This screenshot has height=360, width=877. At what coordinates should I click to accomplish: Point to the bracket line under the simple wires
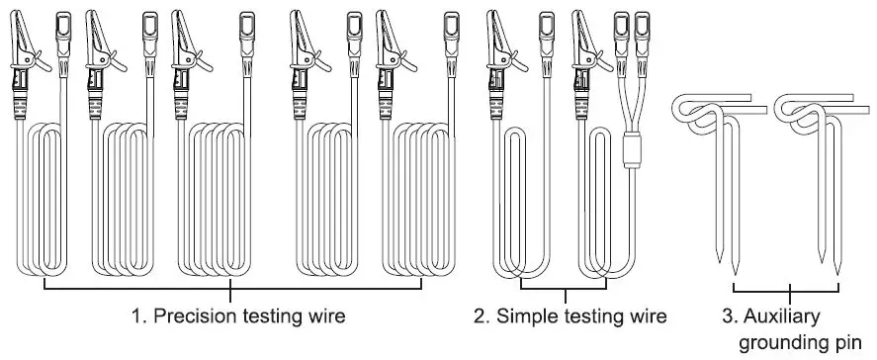(x=565, y=292)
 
